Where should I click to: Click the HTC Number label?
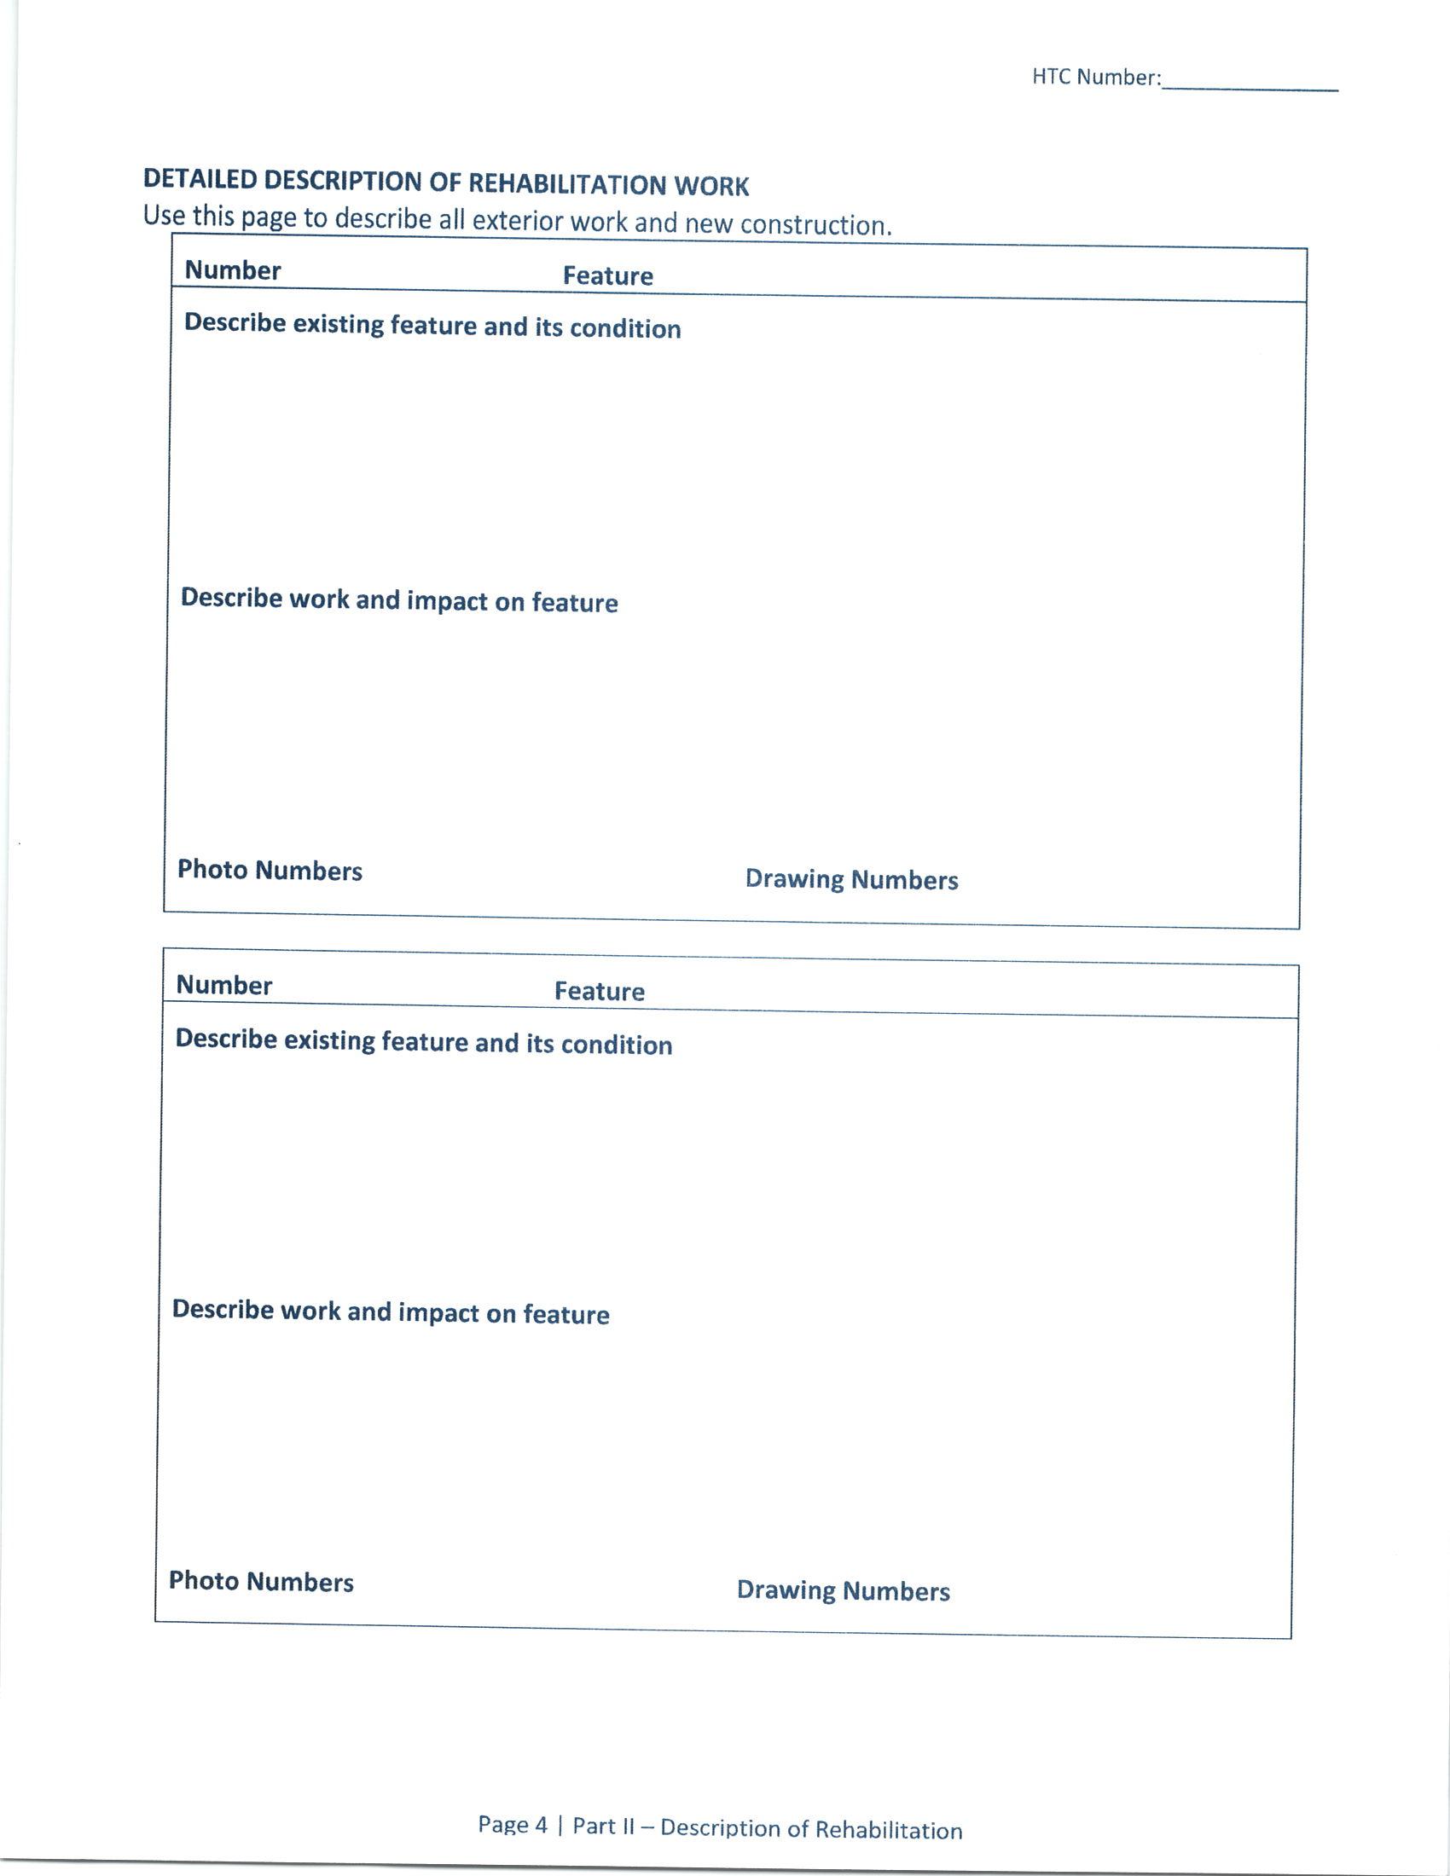1096,78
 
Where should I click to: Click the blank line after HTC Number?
1249,86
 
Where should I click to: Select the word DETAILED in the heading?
200,179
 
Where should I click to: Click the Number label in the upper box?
233,270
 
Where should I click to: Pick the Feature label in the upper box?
608,275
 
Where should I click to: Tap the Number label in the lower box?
224,985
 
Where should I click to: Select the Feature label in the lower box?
600,991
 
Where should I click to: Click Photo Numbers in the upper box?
270,870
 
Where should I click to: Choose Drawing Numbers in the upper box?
851,880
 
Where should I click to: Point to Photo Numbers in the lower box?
261,1581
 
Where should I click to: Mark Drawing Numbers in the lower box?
843,1591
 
